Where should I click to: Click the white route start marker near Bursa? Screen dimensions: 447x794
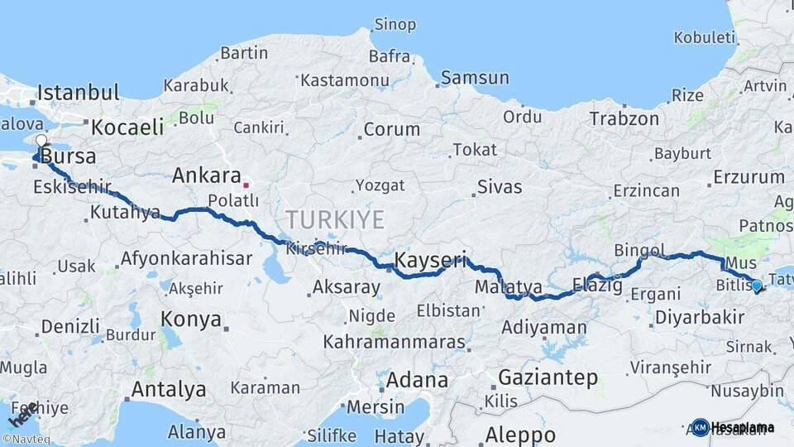tap(41, 140)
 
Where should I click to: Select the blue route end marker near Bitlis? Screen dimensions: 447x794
tap(757, 286)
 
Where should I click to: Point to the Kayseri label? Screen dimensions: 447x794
tap(430, 260)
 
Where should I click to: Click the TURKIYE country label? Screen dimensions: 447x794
tap(335, 219)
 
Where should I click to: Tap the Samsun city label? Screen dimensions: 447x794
tap(475, 78)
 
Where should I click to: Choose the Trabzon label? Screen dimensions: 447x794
tap(624, 119)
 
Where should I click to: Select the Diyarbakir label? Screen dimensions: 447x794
tap(699, 318)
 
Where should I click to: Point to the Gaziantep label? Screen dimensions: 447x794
tap(548, 378)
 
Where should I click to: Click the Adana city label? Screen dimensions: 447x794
tap(417, 382)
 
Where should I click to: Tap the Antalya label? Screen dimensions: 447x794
tap(169, 389)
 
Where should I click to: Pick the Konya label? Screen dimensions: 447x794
tap(191, 320)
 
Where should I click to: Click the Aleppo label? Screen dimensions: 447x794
tap(520, 435)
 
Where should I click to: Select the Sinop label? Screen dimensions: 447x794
tap(395, 25)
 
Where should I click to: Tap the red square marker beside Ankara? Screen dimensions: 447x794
tap(246, 176)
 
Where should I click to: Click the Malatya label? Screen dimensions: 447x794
tap(509, 287)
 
